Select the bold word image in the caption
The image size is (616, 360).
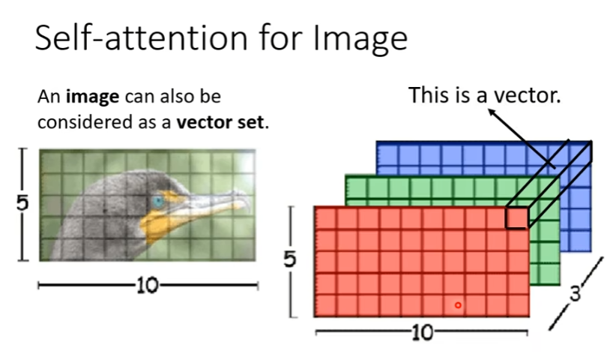coord(91,97)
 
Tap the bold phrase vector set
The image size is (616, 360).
coord(221,121)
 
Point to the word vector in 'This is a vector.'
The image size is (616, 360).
coord(524,95)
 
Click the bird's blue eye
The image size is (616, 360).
coord(158,201)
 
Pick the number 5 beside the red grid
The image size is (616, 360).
coord(290,259)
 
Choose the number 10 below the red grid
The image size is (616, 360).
coord(422,331)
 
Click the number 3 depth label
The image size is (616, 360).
coord(576,292)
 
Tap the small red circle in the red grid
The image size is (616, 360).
coord(458,304)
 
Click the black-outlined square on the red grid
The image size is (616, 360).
coord(516,217)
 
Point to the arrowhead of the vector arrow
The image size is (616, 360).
coord(490,112)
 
